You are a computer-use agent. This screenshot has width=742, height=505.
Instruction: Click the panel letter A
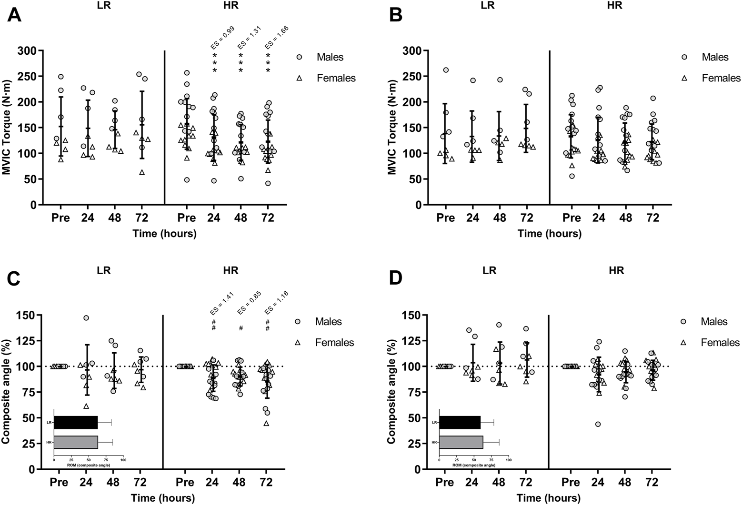[14, 15]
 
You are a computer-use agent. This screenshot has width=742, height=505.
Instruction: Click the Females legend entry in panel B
[721, 78]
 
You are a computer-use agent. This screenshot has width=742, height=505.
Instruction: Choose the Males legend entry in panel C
[328, 322]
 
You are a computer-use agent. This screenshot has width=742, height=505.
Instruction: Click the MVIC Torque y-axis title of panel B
[392, 128]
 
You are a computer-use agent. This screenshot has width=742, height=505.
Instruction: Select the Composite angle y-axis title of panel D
[391, 392]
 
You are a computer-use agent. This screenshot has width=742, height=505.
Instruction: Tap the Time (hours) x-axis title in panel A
[164, 234]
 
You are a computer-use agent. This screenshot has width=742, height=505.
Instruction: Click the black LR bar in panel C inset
[76, 422]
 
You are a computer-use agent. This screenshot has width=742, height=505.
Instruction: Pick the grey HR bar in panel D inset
[461, 443]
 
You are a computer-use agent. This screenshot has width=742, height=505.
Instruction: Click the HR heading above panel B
[615, 6]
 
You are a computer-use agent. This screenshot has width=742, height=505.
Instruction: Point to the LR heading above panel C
[103, 270]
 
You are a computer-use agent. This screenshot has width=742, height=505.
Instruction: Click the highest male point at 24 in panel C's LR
[86, 318]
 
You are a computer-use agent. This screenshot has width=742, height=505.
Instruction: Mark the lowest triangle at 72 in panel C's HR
[266, 423]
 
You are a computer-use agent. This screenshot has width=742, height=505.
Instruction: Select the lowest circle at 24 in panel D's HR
[598, 424]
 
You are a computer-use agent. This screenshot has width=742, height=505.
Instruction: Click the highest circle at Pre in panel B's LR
[446, 70]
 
